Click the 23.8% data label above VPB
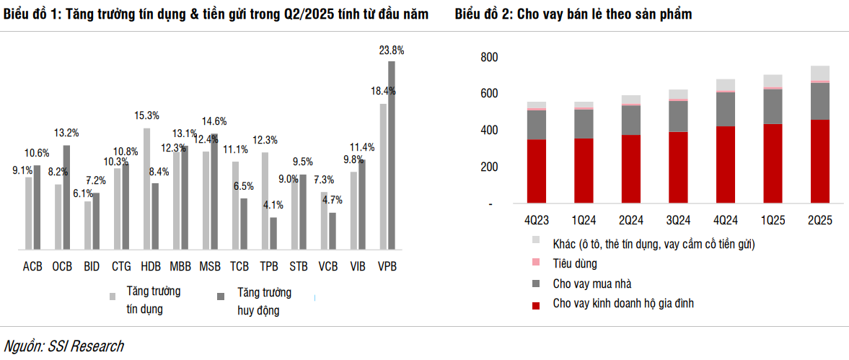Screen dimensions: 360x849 392,51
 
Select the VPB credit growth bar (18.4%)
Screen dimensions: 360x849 384,177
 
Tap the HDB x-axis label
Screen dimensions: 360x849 151,266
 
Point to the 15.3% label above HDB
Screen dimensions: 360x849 146,115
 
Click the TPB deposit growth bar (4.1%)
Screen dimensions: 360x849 273,233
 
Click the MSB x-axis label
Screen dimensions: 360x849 210,266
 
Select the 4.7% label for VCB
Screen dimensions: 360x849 332,200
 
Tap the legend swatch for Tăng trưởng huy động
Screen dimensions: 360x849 221,296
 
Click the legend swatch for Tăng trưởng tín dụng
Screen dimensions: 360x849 113,296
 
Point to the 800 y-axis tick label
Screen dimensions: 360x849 489,57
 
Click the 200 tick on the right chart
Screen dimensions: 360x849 489,167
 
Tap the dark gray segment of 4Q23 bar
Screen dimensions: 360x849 537,125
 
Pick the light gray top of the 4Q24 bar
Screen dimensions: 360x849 725,85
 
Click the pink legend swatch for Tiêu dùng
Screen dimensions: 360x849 535,264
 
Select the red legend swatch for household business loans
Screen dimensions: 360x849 535,306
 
